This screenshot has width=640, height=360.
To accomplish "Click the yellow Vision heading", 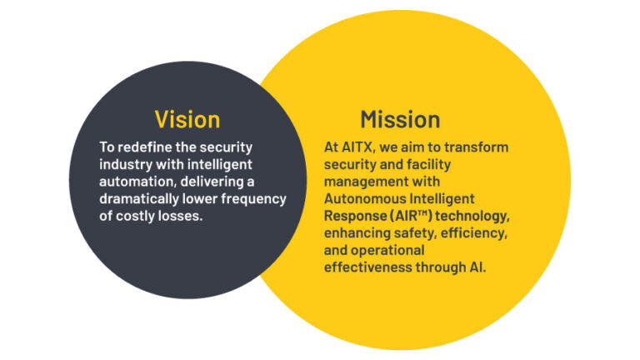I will [x=187, y=118].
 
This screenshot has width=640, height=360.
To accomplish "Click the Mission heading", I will [x=400, y=118].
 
